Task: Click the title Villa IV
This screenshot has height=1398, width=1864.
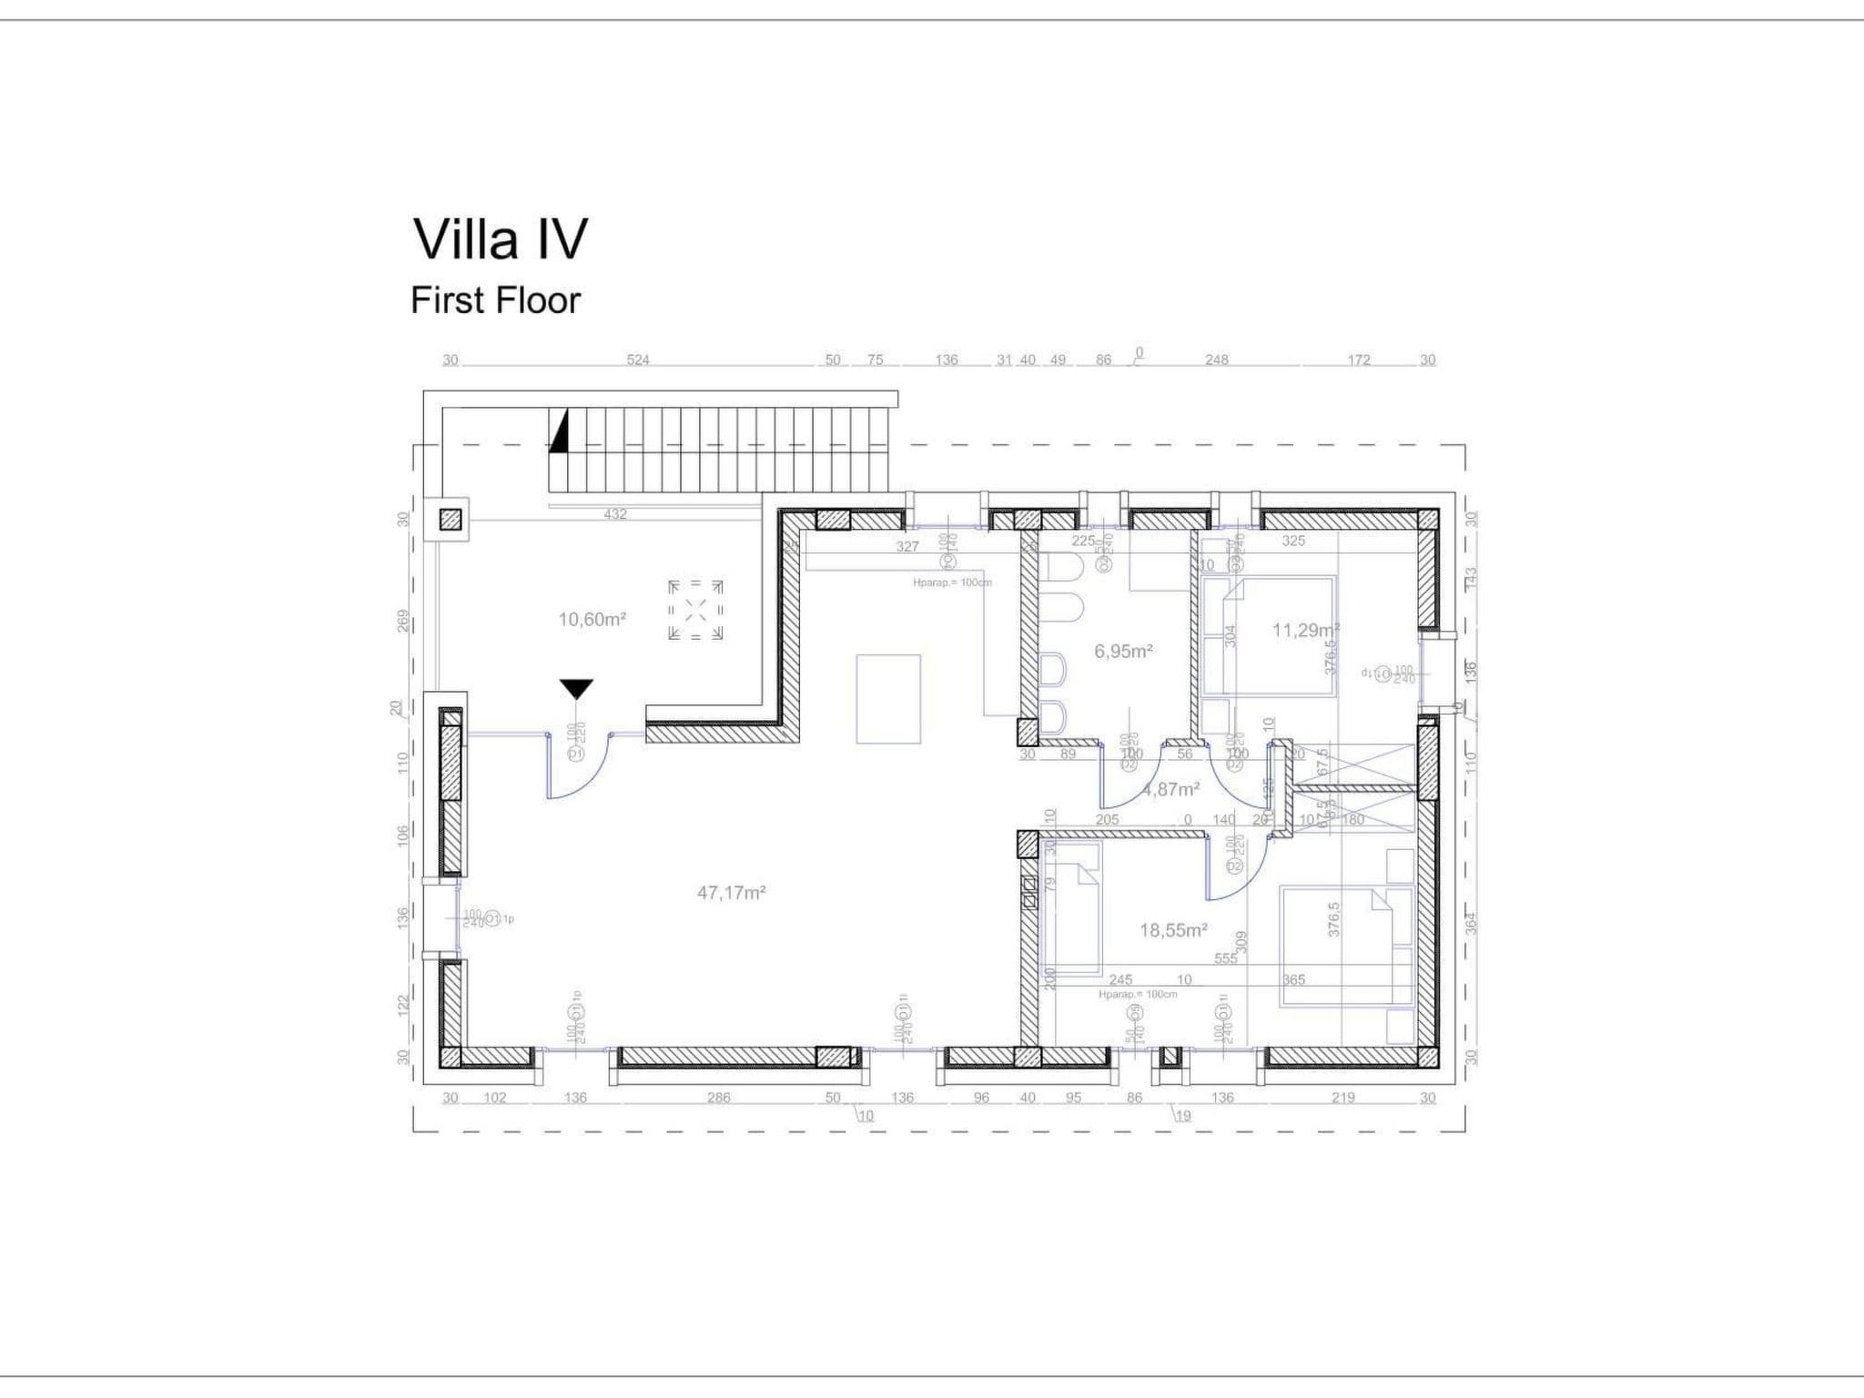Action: [500, 239]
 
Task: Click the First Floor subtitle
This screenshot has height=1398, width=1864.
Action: [495, 300]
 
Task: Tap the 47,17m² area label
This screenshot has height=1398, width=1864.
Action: [731, 893]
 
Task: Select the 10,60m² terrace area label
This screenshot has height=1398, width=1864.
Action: [592, 620]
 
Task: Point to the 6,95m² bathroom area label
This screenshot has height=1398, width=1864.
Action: [1123, 652]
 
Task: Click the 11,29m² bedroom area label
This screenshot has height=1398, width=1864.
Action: [1304, 630]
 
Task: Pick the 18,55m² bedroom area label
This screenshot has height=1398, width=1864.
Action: [1173, 930]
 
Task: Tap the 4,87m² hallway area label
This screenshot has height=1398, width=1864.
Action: [1171, 790]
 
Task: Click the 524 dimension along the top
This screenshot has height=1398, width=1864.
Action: [638, 360]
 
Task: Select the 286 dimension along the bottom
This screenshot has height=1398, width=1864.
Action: [718, 1098]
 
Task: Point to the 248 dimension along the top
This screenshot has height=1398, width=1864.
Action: [1216, 360]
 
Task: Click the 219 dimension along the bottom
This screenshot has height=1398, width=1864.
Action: [1342, 1098]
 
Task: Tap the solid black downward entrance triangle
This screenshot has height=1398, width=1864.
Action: [576, 689]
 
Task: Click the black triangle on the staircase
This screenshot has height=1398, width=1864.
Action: [559, 431]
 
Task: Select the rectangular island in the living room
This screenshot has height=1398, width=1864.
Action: [888, 699]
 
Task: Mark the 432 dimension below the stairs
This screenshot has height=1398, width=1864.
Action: [615, 514]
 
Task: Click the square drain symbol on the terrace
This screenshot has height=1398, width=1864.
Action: [695, 610]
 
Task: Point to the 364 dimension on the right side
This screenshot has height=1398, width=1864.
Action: [1471, 923]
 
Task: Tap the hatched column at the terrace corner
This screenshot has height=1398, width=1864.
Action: [451, 520]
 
